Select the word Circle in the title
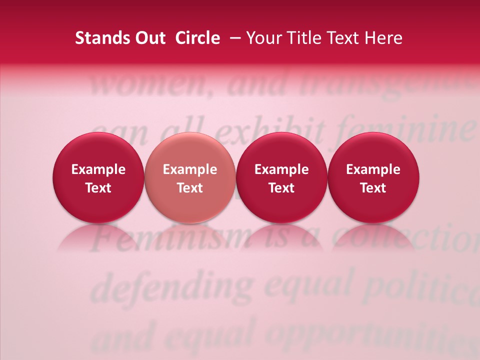click(x=197, y=38)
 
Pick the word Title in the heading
click(x=302, y=38)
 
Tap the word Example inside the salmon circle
click(x=190, y=169)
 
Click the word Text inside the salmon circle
click(x=190, y=188)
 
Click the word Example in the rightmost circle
click(x=373, y=169)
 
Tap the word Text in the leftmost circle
click(x=98, y=188)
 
